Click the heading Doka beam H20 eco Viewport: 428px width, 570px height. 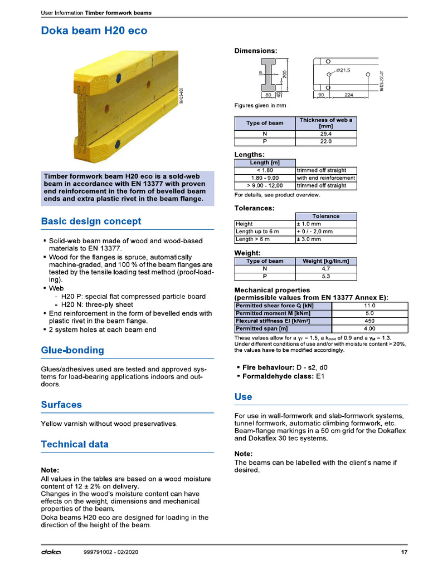94,31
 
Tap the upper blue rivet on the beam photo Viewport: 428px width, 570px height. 117,80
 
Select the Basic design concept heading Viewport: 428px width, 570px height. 91,221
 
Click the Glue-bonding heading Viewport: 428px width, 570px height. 72,350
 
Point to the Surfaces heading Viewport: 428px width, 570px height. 61,405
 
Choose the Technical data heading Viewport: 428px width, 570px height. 75,444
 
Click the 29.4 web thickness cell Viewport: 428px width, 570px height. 325,134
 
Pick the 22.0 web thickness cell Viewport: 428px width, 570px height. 325,141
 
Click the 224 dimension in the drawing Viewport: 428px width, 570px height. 349,95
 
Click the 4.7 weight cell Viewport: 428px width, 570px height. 325,268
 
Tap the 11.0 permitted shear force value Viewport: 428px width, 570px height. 369,306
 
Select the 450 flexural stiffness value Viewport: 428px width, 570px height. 369,321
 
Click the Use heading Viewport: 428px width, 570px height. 243,397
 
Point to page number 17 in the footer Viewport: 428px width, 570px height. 404,552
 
